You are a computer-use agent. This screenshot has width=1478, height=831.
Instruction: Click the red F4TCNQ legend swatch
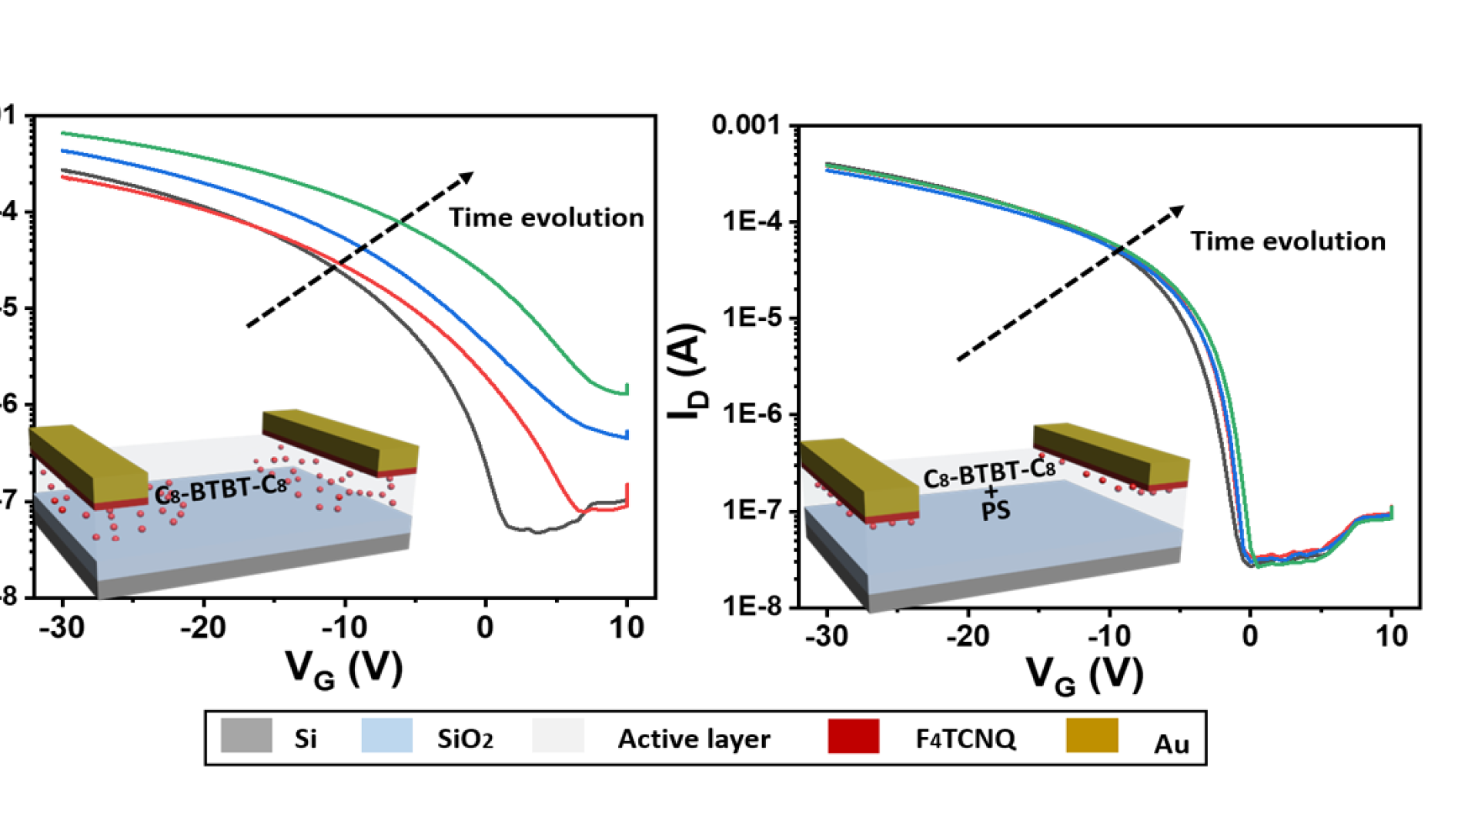pyautogui.click(x=853, y=736)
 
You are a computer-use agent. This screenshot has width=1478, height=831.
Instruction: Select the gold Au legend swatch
pyautogui.click(x=1092, y=736)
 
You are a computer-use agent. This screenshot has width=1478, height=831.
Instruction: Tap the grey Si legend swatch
pyautogui.click(x=246, y=736)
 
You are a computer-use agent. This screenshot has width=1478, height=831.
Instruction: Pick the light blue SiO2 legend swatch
pyautogui.click(x=386, y=736)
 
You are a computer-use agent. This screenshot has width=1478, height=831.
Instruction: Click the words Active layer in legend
pyautogui.click(x=694, y=739)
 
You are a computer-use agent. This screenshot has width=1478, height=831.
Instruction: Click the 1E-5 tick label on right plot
pyautogui.click(x=751, y=317)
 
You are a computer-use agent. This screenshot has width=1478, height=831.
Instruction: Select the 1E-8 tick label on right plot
pyautogui.click(x=751, y=606)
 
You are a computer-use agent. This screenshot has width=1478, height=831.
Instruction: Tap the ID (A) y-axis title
pyautogui.click(x=686, y=371)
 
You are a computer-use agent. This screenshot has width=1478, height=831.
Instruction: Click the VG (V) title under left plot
pyautogui.click(x=344, y=668)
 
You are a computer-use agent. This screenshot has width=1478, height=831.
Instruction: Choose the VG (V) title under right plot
pyautogui.click(x=1085, y=676)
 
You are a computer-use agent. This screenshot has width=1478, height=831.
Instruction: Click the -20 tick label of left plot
pyautogui.click(x=203, y=629)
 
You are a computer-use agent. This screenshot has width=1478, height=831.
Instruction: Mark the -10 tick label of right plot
pyautogui.click(x=1109, y=636)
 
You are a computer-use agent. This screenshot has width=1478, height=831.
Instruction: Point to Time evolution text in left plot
pyautogui.click(x=547, y=218)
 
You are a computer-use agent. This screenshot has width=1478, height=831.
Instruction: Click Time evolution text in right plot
pyautogui.click(x=1288, y=242)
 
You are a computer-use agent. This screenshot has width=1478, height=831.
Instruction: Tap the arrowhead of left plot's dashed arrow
pyautogui.click(x=466, y=178)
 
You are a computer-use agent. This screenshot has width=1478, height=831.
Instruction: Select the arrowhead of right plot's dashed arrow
pyautogui.click(x=1177, y=210)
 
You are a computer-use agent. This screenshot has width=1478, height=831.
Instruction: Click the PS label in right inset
pyautogui.click(x=995, y=511)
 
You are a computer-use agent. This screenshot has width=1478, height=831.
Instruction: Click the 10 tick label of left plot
pyautogui.click(x=627, y=629)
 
